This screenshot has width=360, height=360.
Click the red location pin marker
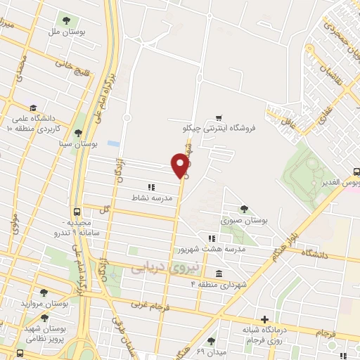point(181,165)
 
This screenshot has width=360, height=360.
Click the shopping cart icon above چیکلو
point(219,117)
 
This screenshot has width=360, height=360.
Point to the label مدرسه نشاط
point(146,198)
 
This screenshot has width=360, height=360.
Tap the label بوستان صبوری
point(245,220)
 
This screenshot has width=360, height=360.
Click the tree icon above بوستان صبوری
point(244,209)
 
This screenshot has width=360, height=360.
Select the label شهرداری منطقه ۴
point(219,284)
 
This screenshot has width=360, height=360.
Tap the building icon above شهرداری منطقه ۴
point(219,274)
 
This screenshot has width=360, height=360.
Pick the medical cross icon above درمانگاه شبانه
point(265,319)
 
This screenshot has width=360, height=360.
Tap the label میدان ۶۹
point(210,350)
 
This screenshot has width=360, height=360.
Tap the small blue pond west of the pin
point(113,144)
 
